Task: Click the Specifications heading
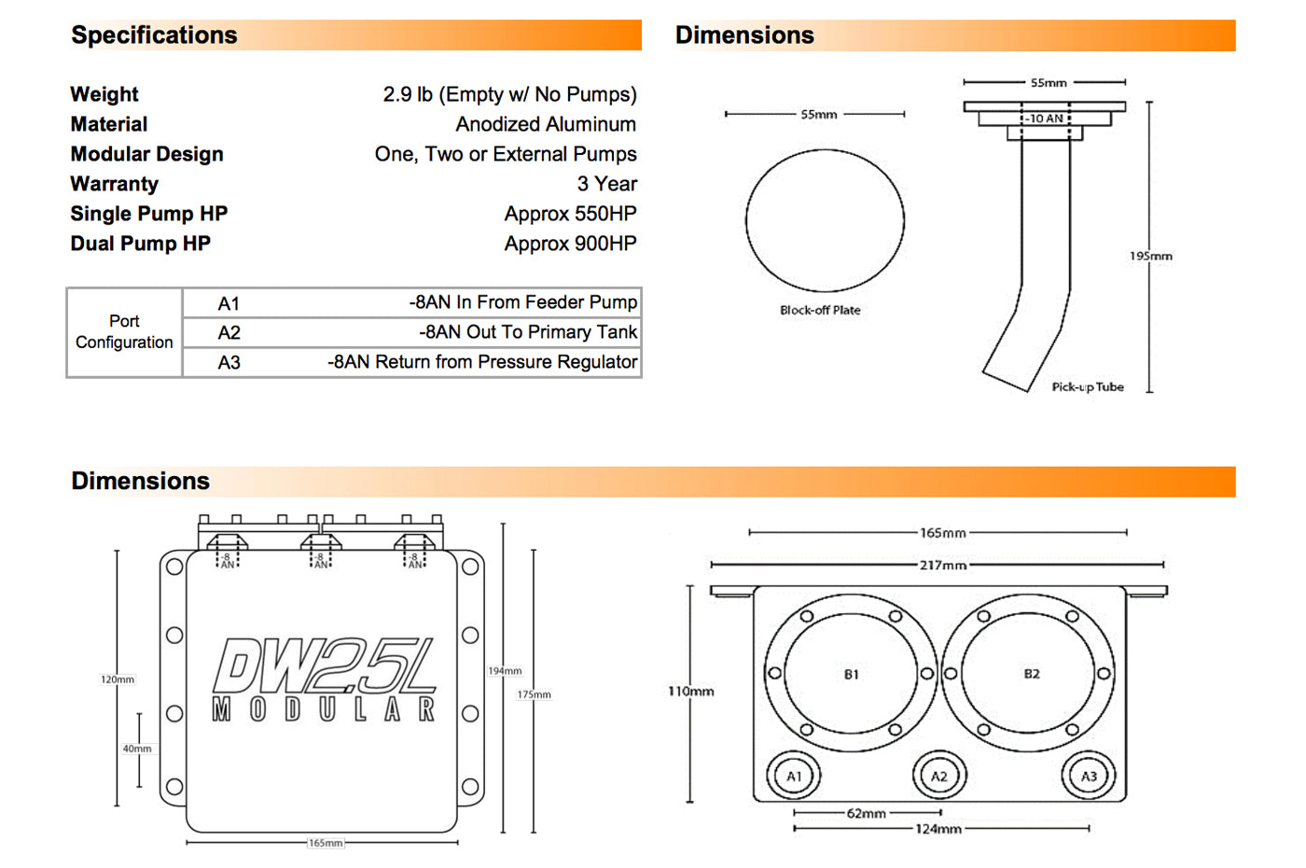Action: (x=154, y=35)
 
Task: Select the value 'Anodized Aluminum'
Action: (x=546, y=124)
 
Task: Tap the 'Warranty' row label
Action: (x=114, y=184)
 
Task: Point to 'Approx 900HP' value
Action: (x=570, y=244)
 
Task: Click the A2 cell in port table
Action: (x=229, y=332)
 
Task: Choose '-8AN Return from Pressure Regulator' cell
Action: (x=482, y=362)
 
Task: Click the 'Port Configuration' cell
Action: (x=124, y=331)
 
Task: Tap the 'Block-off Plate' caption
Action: (x=820, y=310)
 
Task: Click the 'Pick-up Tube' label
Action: (x=1088, y=386)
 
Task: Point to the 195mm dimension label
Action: (x=1151, y=256)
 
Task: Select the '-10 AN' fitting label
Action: (x=1045, y=119)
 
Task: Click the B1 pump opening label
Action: (x=851, y=674)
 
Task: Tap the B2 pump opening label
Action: (x=1032, y=674)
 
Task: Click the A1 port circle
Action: (x=794, y=777)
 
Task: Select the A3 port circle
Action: (x=1088, y=777)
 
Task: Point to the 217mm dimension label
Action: (x=943, y=566)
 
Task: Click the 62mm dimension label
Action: (x=867, y=813)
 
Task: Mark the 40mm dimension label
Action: (x=137, y=749)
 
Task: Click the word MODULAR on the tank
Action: (x=324, y=709)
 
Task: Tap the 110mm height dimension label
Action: (x=691, y=692)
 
